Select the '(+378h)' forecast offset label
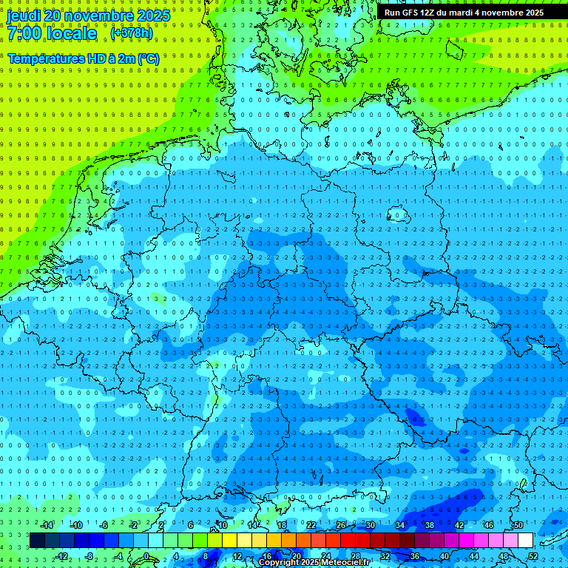[132, 33]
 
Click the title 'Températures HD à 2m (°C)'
[83, 58]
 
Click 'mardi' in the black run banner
[458, 13]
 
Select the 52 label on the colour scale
[532, 556]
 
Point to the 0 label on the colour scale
[146, 556]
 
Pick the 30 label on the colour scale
[371, 525]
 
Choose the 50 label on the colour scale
[518, 525]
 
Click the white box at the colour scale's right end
[525, 541]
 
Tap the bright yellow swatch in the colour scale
[244, 541]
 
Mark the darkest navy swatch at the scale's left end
[37, 541]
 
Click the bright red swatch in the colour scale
[348, 541]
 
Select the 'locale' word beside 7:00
[70, 33]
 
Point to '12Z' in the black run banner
[427, 13]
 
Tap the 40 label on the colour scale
[444, 556]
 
